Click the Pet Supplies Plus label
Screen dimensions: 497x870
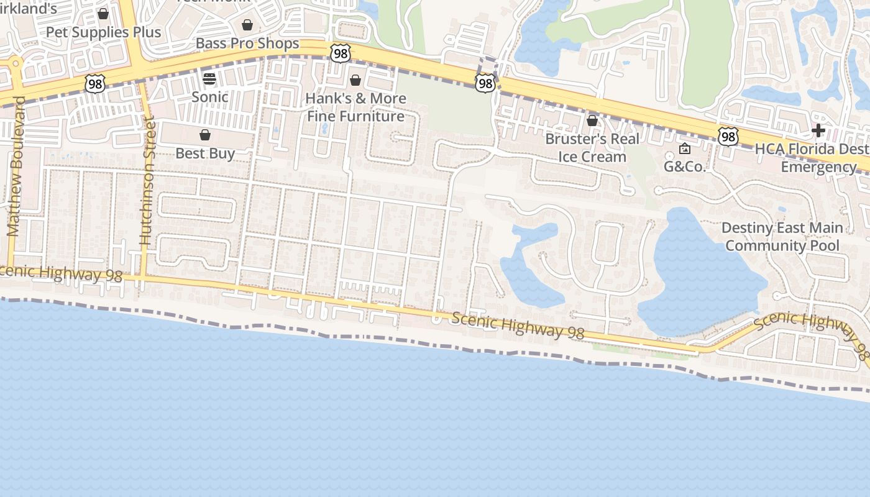(x=103, y=32)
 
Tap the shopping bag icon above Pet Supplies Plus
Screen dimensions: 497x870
(x=103, y=14)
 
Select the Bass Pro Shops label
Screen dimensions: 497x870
(x=247, y=43)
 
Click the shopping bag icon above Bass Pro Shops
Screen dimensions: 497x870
(x=247, y=25)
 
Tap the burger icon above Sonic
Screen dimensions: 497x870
(x=209, y=79)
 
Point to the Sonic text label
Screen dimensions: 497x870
(x=209, y=97)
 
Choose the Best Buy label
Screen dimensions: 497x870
(x=205, y=153)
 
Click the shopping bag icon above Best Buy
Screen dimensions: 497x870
(x=205, y=135)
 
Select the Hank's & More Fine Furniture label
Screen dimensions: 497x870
(x=355, y=107)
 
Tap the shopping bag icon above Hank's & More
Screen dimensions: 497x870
(x=355, y=80)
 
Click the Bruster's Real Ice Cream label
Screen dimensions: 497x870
(x=592, y=147)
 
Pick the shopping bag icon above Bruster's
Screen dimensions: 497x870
(x=592, y=121)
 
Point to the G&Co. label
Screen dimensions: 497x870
(x=685, y=166)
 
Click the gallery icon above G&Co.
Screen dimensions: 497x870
(x=685, y=148)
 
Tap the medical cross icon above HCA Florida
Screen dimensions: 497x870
(x=818, y=130)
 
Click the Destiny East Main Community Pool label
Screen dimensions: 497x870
(x=782, y=237)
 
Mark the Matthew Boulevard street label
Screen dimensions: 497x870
(x=16, y=166)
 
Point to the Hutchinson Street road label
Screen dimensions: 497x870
(x=147, y=179)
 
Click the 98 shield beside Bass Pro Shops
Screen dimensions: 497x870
(x=341, y=53)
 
